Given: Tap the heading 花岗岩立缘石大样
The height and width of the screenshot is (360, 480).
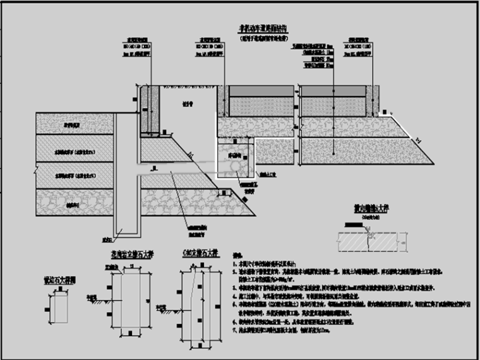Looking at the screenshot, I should [x=135, y=254].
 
